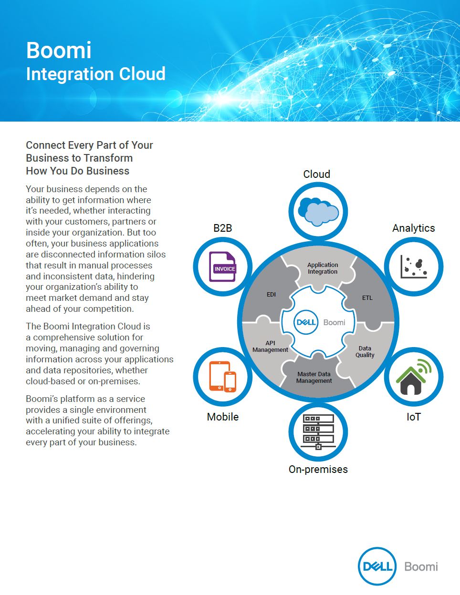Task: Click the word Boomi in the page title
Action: (x=59, y=50)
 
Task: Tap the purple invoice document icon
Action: (x=222, y=267)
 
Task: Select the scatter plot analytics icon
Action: (x=414, y=267)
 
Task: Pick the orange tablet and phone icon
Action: (x=222, y=377)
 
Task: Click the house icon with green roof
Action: (x=414, y=377)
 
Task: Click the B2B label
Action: (x=222, y=228)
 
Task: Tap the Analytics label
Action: (x=413, y=228)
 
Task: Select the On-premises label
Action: (x=318, y=469)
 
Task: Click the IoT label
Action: (x=413, y=417)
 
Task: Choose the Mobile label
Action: (x=222, y=417)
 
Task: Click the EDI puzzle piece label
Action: (x=271, y=294)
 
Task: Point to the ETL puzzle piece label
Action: (x=367, y=297)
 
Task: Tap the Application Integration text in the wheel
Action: (x=323, y=268)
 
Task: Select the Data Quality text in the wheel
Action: (x=365, y=351)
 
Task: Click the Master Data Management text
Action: (x=314, y=377)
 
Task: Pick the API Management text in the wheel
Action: (x=270, y=347)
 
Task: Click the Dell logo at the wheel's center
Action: (x=306, y=322)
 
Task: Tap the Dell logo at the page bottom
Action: (x=377, y=566)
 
